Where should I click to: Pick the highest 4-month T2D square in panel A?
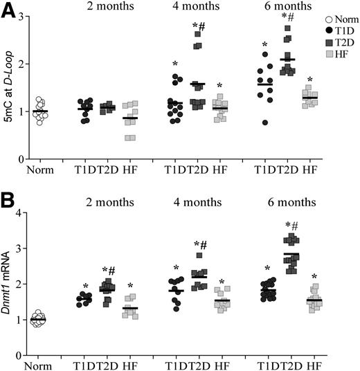coord(197,34)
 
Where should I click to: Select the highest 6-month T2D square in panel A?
coord(287,29)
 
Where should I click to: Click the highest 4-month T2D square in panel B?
coord(199,236)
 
